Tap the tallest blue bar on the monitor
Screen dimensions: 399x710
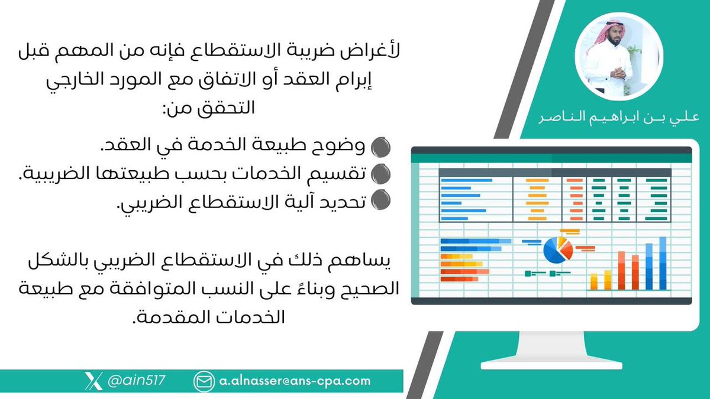point(663,263)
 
